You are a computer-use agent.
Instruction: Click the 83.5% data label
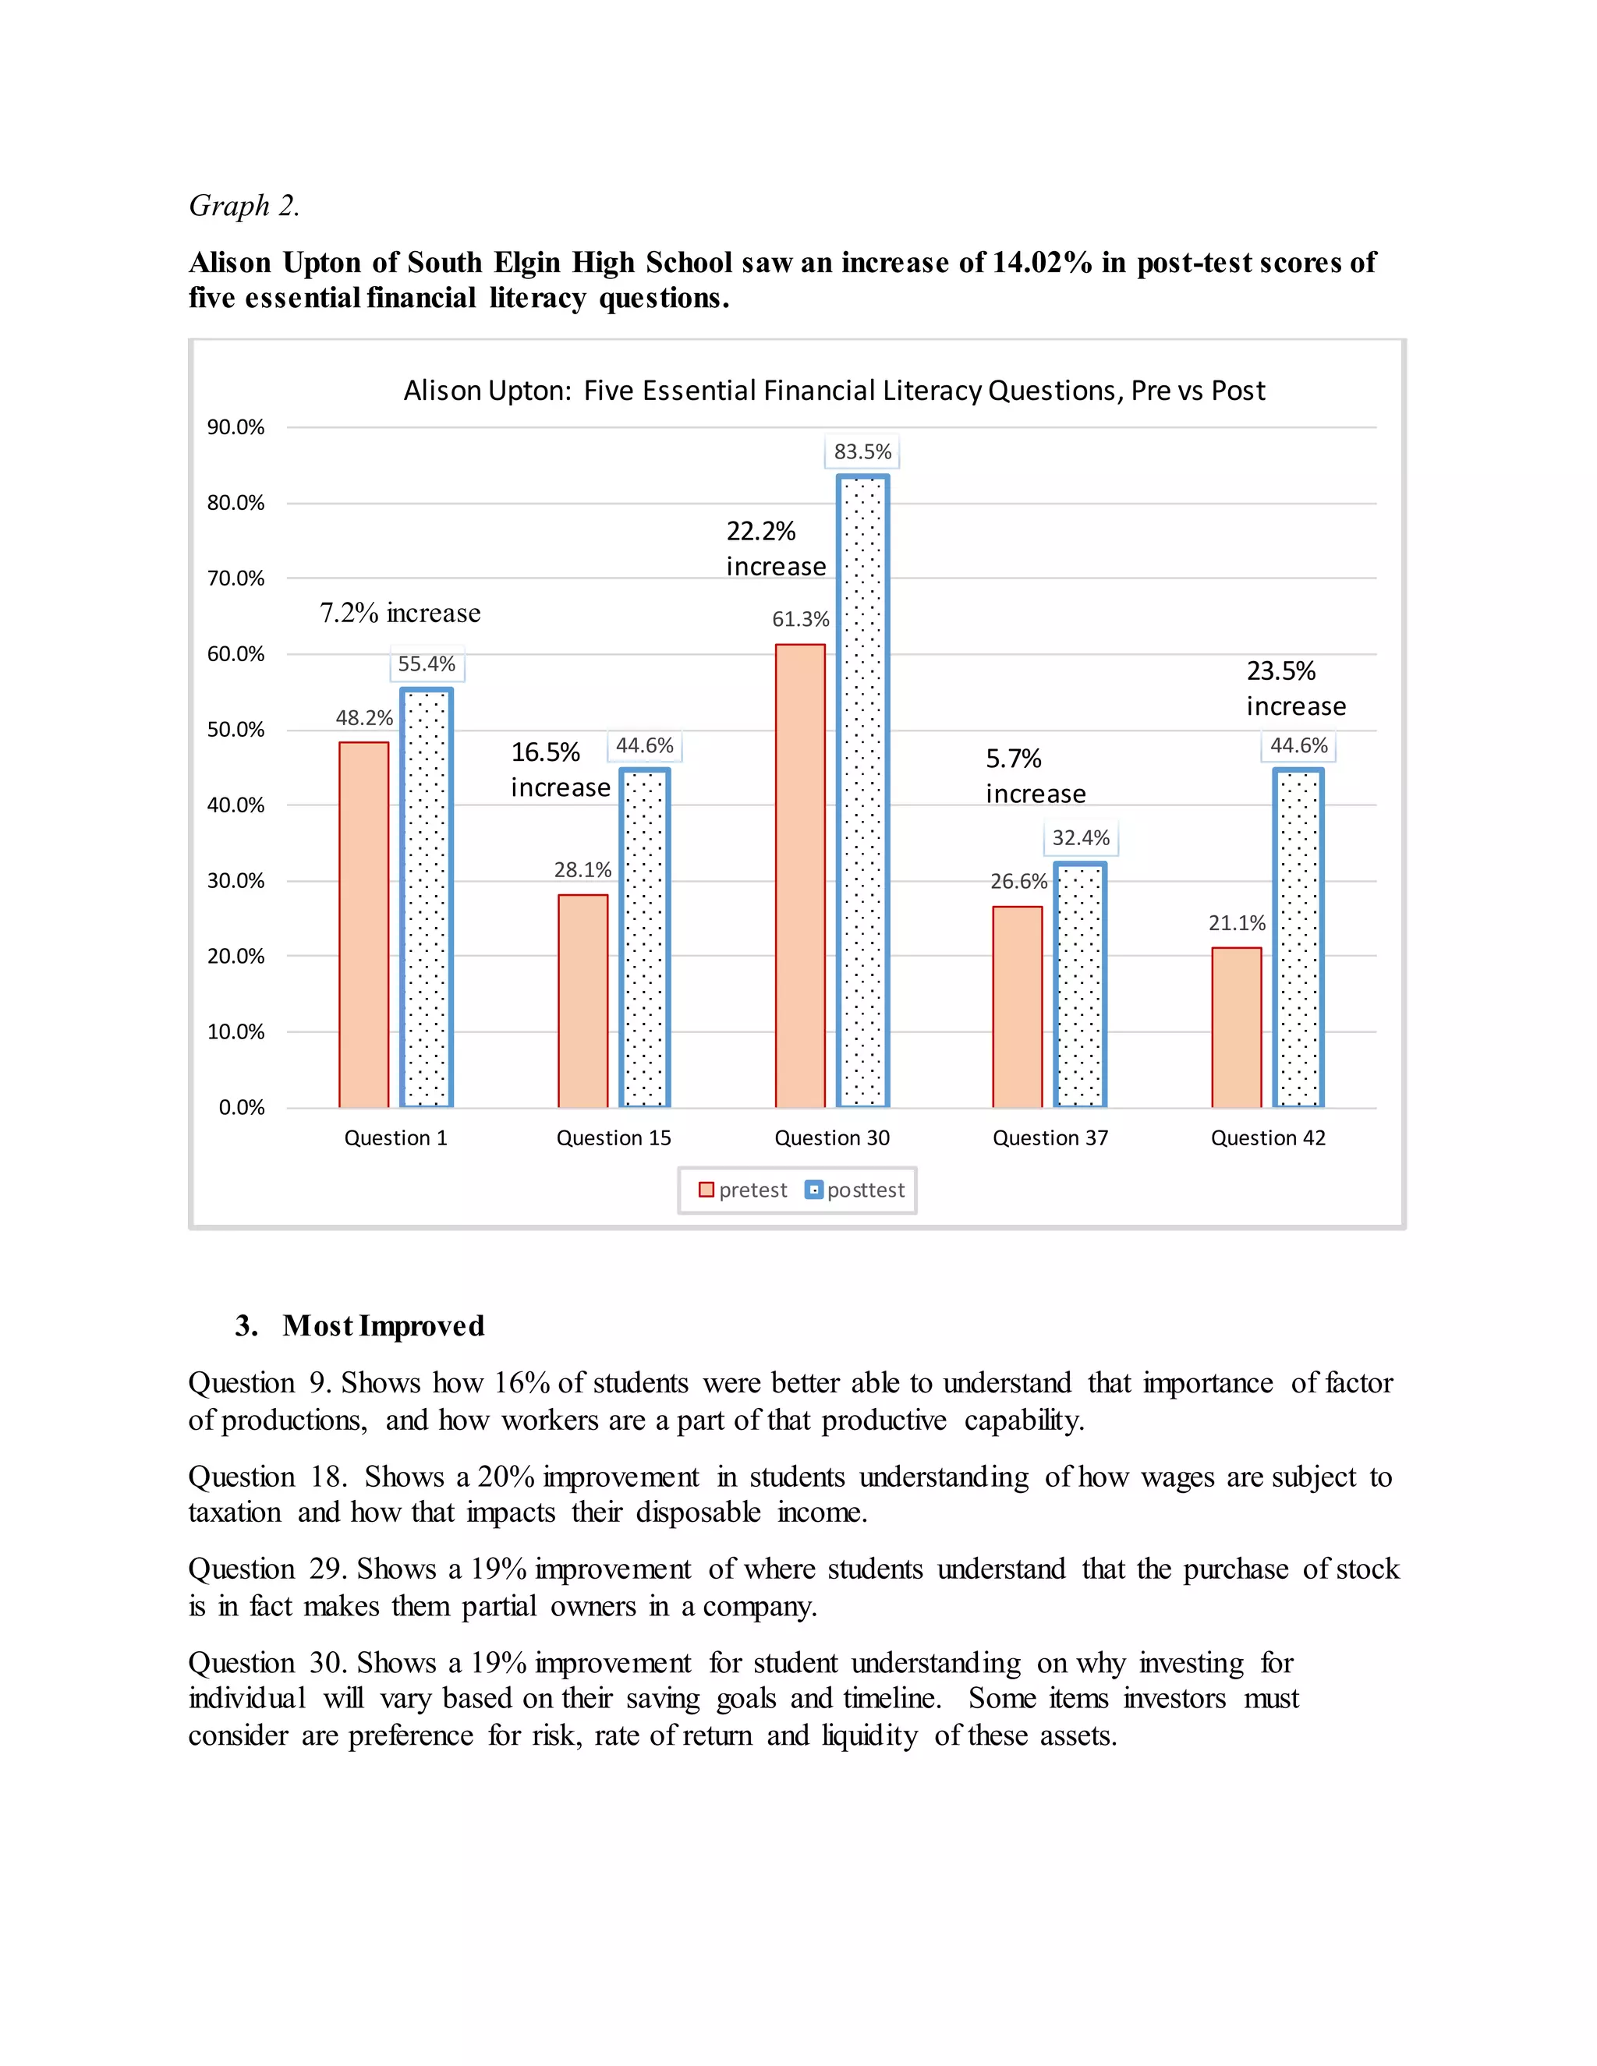[x=862, y=452]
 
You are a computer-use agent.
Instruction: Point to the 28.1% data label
[x=582, y=869]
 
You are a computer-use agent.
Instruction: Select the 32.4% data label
[x=1081, y=838]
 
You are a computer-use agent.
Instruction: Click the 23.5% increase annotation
[x=1295, y=688]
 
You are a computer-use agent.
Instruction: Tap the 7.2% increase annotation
[x=399, y=613]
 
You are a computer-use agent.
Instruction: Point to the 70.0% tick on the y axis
[x=235, y=578]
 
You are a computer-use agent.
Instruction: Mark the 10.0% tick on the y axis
[x=235, y=1032]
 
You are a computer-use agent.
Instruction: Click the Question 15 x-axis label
[x=613, y=1138]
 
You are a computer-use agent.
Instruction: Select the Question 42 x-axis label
[x=1268, y=1138]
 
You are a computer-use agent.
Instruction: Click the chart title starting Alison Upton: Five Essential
[x=834, y=391]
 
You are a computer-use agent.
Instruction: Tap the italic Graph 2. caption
[x=244, y=205]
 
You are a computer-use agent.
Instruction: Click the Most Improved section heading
[x=382, y=1325]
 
